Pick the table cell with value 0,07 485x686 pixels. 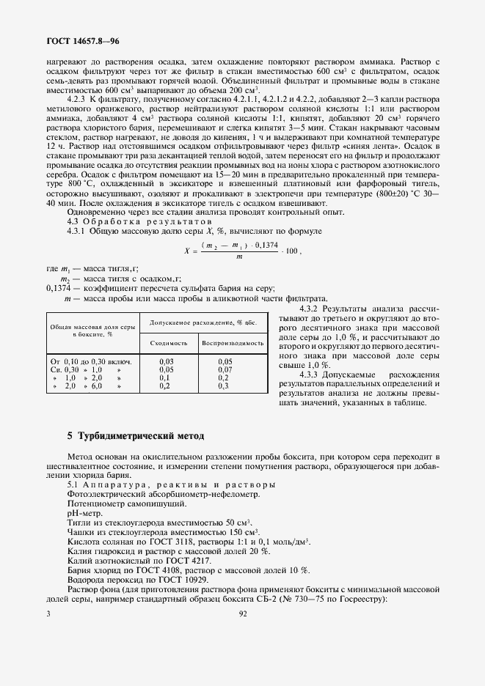pos(225,369)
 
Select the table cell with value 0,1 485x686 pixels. pos(165,377)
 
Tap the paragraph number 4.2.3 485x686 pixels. pos(78,98)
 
